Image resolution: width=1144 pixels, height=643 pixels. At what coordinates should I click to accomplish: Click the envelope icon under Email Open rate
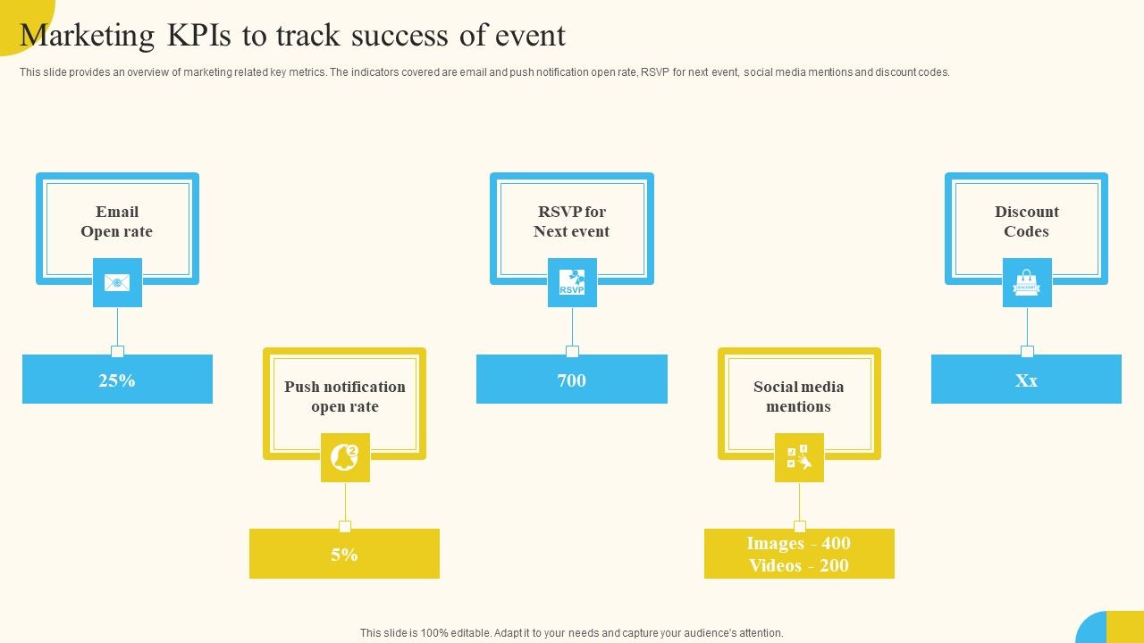coord(117,282)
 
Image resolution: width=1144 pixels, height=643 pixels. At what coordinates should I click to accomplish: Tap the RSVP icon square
coord(572,282)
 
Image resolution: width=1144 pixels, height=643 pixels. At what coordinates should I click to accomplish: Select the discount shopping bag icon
coord(1027,282)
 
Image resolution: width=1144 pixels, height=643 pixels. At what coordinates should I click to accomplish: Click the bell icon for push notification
coord(345,457)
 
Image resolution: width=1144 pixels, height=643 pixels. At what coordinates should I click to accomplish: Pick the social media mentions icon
coord(799,457)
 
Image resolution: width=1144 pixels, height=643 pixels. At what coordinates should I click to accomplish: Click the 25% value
coord(117,380)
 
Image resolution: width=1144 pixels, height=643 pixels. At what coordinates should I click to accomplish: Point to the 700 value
coord(572,380)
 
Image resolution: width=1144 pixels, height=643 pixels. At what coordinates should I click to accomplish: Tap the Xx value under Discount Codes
coord(1026,380)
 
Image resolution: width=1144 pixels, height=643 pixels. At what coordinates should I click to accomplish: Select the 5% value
coord(344,555)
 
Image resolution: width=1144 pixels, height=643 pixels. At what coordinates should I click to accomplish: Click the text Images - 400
coord(799,543)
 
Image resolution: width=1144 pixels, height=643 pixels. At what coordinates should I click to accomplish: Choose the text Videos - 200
coord(799,565)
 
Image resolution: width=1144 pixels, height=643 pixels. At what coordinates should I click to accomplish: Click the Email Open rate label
coord(117,221)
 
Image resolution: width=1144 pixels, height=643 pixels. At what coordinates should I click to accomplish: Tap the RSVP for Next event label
coord(572,221)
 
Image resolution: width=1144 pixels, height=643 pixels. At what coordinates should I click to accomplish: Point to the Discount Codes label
coord(1027,221)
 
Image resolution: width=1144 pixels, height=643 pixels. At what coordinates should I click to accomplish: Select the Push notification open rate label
coord(345,397)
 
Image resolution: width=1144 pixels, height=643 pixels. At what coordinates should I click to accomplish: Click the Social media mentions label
coord(799,397)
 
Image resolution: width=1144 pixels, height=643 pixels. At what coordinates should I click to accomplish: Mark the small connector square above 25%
coord(117,351)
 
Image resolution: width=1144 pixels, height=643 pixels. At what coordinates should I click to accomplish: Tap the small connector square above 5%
coord(345,526)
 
